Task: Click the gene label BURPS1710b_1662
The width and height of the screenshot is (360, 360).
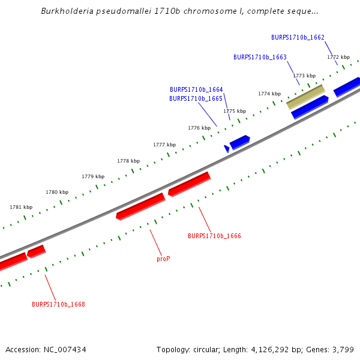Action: (x=298, y=37)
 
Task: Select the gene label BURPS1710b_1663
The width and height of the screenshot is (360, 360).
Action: (x=260, y=57)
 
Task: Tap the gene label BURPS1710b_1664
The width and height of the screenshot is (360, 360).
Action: (x=196, y=89)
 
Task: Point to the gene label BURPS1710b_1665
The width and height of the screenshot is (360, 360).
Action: (x=196, y=98)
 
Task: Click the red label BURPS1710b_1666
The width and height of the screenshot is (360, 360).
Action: (x=214, y=236)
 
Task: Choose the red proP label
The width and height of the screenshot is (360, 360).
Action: (x=163, y=259)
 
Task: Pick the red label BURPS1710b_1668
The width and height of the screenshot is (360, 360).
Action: (x=58, y=304)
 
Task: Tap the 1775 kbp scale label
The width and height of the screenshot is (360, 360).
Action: (x=235, y=111)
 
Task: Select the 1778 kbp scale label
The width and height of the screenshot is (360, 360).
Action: (x=128, y=161)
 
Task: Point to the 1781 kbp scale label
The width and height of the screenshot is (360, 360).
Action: (x=21, y=207)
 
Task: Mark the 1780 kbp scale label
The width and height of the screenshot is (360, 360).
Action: (x=57, y=192)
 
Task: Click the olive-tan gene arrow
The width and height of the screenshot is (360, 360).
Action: (x=305, y=96)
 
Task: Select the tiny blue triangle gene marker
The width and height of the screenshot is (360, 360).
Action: (x=227, y=148)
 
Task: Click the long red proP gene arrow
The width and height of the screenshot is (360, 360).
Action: (x=140, y=206)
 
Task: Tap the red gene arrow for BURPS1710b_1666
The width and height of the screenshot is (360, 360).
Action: (x=189, y=184)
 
